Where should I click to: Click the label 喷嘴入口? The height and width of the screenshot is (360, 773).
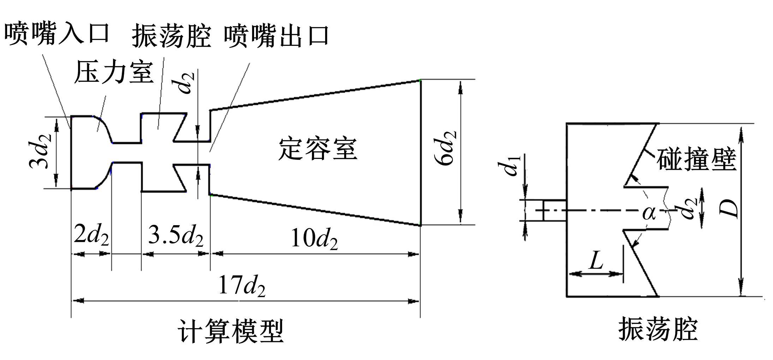point(57,34)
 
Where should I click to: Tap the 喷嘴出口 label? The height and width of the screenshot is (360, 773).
point(276,36)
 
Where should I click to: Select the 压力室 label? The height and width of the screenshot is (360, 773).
point(114,73)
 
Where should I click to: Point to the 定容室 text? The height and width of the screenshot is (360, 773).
point(318,149)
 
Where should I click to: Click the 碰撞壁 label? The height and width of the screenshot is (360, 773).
point(696,160)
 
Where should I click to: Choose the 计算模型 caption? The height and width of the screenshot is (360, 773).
point(231,331)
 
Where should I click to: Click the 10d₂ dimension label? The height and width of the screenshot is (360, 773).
point(314,239)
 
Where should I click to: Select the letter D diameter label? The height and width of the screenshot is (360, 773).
point(728,209)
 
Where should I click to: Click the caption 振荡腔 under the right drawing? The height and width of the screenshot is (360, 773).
point(658,330)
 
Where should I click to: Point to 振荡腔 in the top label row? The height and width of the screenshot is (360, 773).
point(172,36)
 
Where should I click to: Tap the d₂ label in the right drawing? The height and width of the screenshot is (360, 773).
point(689,208)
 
